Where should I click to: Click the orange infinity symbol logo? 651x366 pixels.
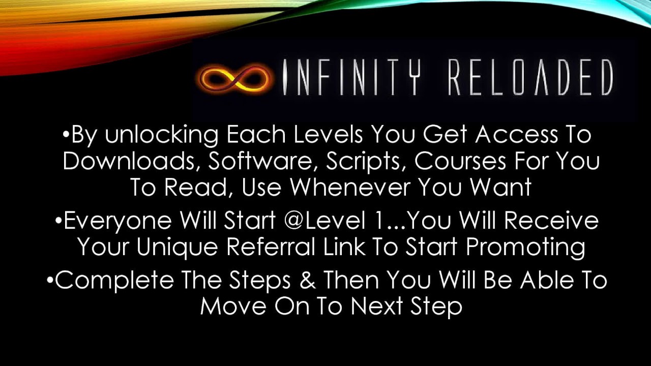[x=235, y=78]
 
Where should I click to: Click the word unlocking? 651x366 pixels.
[x=162, y=135]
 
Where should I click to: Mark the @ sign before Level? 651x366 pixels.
[x=300, y=221]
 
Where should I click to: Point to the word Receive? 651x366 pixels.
[x=552, y=221]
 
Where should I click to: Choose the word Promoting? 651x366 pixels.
[x=525, y=247]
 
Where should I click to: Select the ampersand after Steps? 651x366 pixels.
[x=308, y=281]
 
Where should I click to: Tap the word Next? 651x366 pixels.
[x=376, y=307]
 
